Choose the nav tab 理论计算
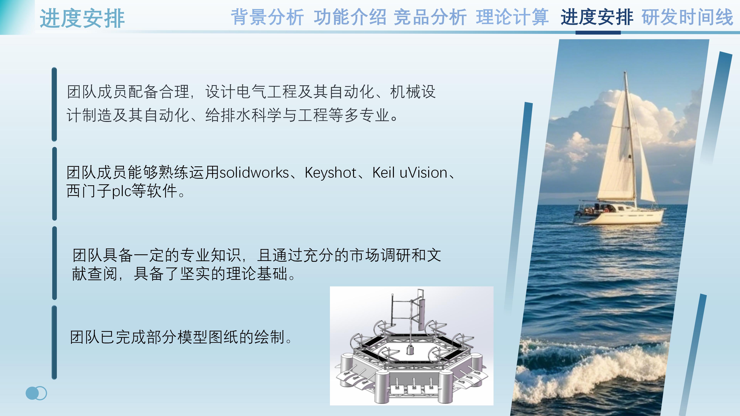coord(512,17)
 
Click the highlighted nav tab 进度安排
coord(597,17)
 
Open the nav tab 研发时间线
coord(687,17)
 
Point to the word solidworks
coord(254,173)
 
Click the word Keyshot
coord(330,173)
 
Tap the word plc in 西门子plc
coord(122,191)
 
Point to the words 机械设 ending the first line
coord(413,92)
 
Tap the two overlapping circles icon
coord(36,393)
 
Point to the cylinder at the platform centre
coord(410,350)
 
